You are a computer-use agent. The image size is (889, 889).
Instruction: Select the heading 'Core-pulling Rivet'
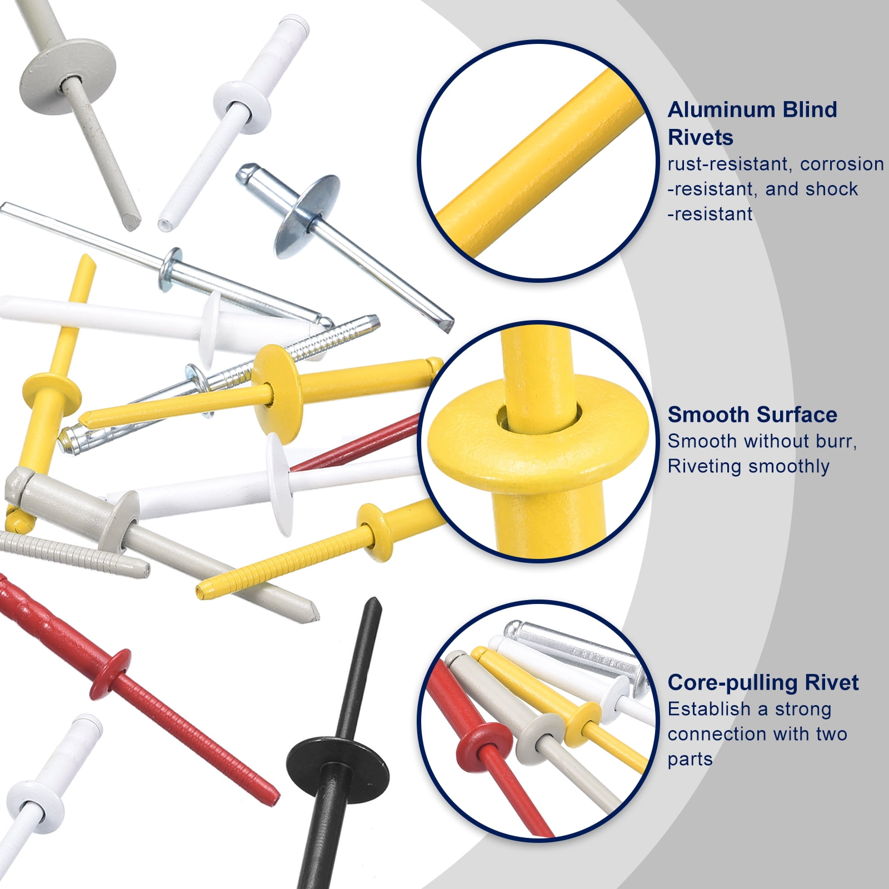[763, 682]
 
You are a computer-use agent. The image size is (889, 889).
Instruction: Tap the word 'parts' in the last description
[690, 760]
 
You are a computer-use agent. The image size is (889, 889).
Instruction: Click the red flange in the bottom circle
[483, 746]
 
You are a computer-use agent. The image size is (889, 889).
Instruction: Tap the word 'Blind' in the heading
[810, 109]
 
